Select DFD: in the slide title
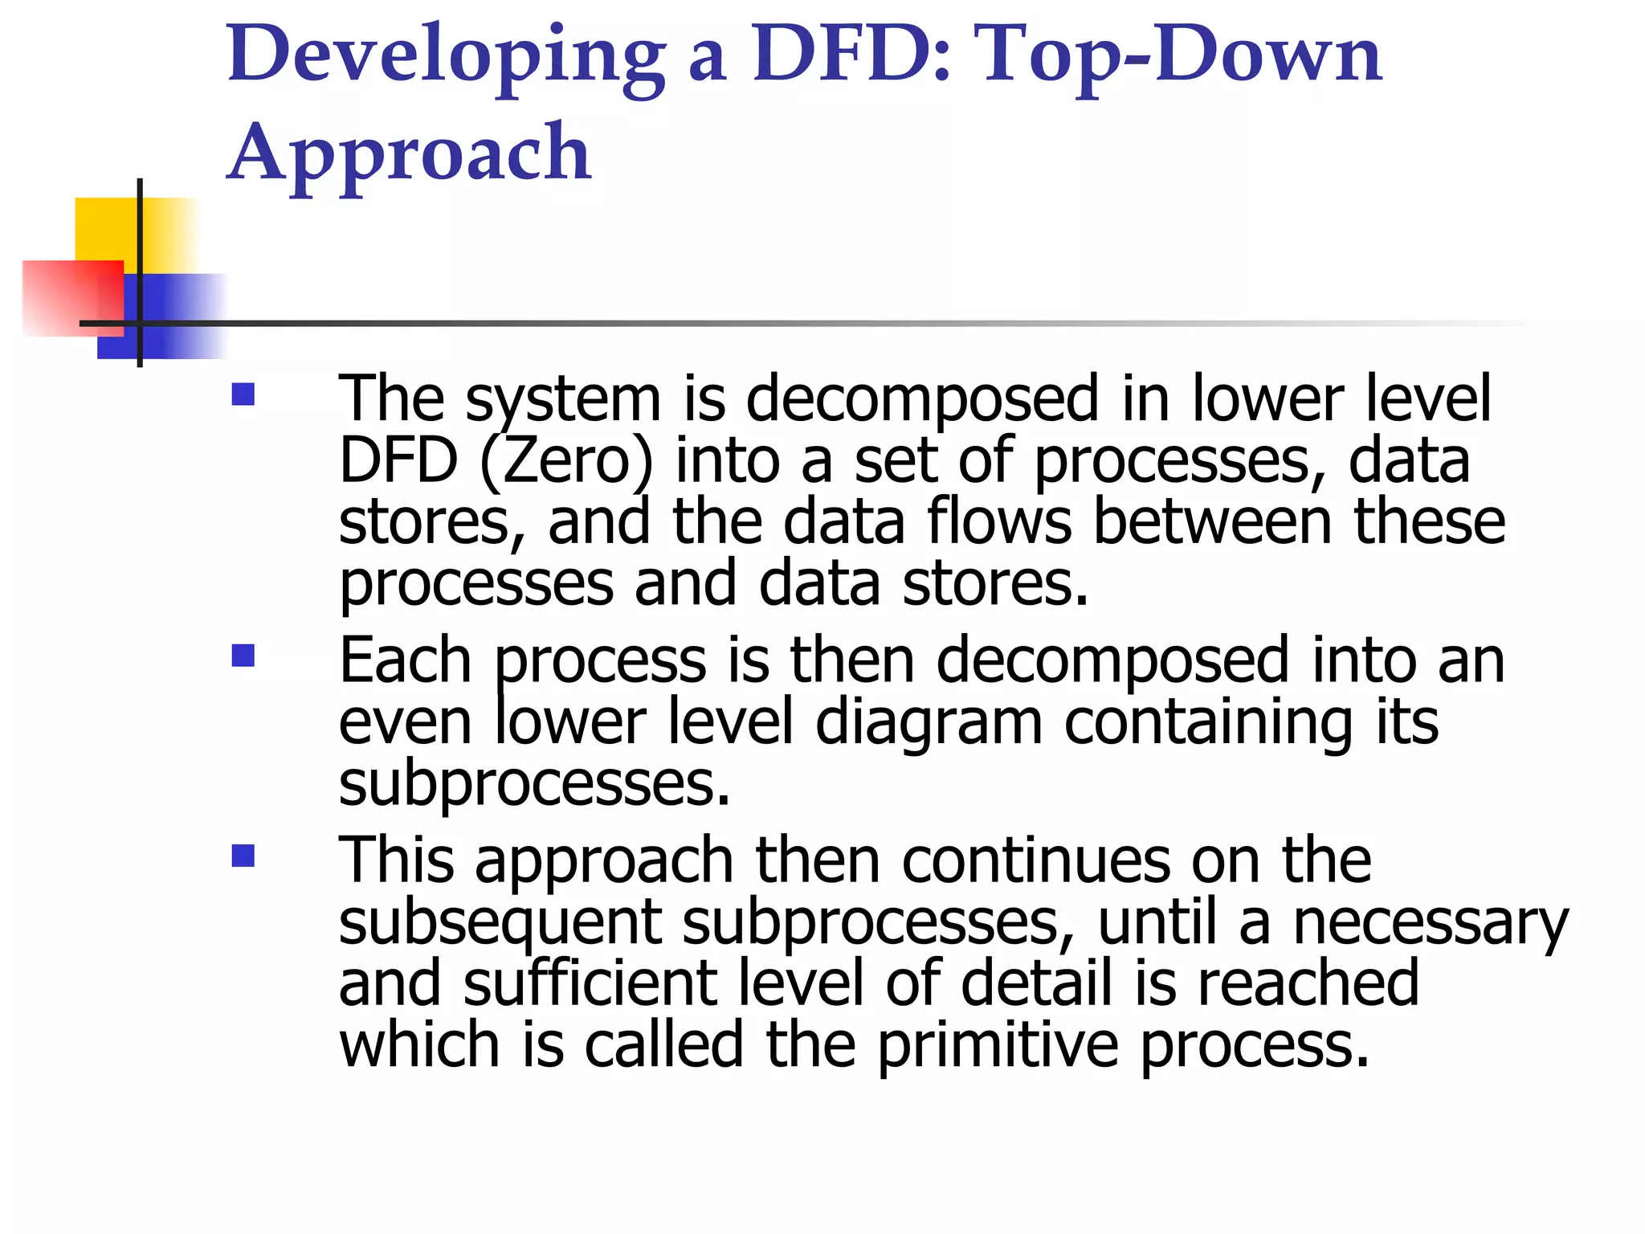(x=852, y=55)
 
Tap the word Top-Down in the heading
(x=1181, y=55)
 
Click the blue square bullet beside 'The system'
(x=243, y=394)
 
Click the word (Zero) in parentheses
(x=566, y=461)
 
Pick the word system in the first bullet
(x=563, y=399)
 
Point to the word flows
(x=999, y=522)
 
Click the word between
(x=1213, y=522)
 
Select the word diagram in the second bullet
(x=929, y=723)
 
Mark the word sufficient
(x=590, y=983)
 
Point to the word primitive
(x=997, y=1046)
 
